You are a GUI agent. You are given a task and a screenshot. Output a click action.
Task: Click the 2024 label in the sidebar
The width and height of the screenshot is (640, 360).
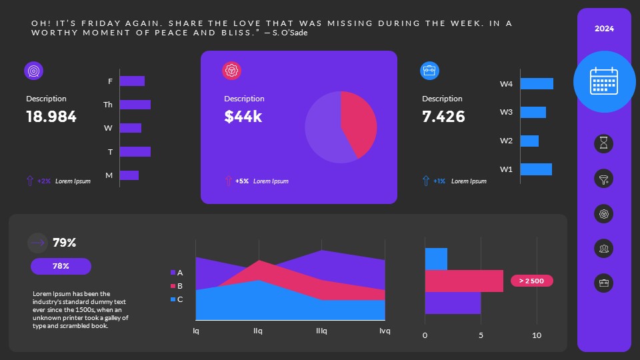pos(604,29)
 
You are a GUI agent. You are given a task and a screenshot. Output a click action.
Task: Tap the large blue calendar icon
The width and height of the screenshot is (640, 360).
pos(604,81)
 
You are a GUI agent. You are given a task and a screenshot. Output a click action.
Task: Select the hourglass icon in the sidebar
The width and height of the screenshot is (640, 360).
pos(603,143)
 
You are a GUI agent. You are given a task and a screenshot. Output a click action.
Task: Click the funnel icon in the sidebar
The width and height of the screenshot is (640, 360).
pos(603,179)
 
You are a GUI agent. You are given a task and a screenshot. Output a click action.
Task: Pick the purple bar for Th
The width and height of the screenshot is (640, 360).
pos(135,105)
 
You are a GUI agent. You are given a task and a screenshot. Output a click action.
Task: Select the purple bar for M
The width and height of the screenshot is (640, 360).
pos(129,175)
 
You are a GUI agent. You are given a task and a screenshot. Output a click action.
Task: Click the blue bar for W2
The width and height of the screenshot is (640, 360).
pos(529,141)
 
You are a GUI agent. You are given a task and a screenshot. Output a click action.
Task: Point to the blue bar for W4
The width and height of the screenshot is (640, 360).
pos(537,84)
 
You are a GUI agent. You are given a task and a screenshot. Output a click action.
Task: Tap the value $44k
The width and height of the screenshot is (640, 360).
pos(243,117)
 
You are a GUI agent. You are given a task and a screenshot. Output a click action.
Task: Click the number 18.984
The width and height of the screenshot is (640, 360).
pos(51,117)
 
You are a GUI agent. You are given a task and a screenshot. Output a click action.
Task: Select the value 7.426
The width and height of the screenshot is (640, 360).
pos(443,117)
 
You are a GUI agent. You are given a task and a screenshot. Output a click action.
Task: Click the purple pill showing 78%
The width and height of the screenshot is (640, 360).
pos(61,266)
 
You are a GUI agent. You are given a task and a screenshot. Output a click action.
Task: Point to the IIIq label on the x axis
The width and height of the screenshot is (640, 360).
pos(321,331)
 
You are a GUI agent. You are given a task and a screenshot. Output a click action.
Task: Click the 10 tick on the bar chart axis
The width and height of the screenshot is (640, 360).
pos(537,335)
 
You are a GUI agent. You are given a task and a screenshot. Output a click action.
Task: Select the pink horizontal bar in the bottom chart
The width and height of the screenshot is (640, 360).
pos(464,281)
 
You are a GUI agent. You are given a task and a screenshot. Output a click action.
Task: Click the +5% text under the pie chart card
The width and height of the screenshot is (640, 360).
pos(242,181)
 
